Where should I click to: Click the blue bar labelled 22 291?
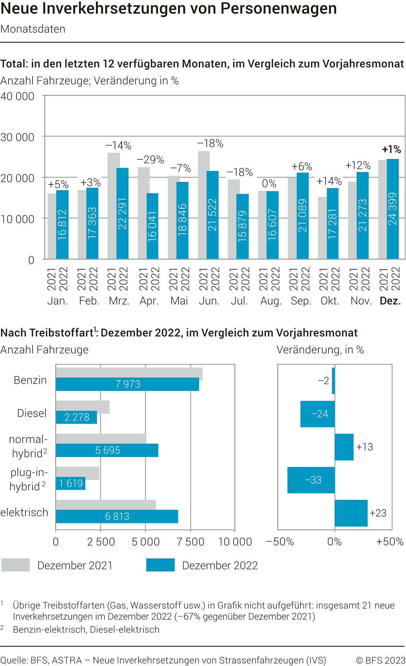point(122,213)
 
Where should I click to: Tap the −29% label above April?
point(150,160)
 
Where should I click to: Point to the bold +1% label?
point(391,149)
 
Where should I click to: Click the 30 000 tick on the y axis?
point(17,137)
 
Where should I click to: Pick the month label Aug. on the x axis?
point(271,301)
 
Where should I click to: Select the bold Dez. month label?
point(390,301)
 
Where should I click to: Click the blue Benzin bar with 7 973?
point(127,384)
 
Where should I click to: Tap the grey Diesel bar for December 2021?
point(83,407)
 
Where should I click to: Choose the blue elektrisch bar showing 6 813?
point(117,516)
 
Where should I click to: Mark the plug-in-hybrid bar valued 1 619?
point(71,483)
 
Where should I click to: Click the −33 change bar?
point(311,480)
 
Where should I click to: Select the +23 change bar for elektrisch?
point(351,513)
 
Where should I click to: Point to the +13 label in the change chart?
point(364,447)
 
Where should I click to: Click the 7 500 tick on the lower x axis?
point(190,542)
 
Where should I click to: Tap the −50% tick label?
point(280,542)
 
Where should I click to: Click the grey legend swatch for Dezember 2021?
point(15,565)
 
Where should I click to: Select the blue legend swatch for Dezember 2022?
point(160,565)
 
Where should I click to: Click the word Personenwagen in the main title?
point(279,9)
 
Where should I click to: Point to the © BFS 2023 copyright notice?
point(380,660)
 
